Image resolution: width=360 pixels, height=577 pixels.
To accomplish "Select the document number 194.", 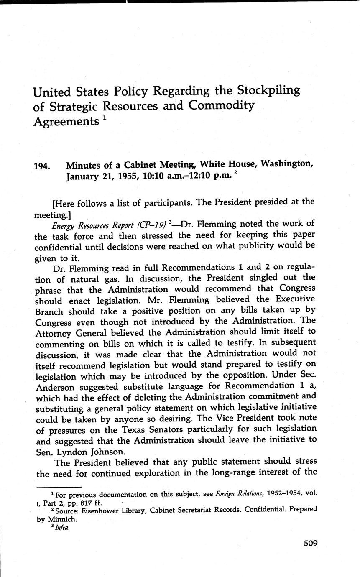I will [42, 166].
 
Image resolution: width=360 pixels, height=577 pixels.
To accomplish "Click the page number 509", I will [310, 544].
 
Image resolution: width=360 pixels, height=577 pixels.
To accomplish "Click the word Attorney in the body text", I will [53, 332].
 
